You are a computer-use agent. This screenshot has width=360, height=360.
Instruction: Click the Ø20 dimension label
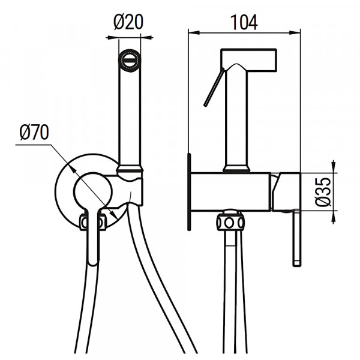[x=128, y=22]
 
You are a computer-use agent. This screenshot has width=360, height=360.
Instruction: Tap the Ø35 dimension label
[x=323, y=192]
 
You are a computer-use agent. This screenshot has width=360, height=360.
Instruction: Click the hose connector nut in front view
[x=93, y=223]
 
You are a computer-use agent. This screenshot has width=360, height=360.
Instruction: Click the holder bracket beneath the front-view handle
[x=133, y=189]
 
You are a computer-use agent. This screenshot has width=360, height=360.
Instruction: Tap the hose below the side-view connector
[x=230, y=288]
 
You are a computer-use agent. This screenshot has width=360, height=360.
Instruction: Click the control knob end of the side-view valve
[x=287, y=192]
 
